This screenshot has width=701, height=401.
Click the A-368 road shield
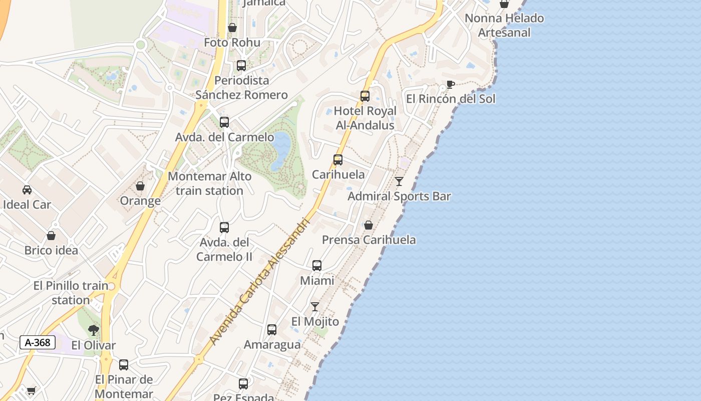pyautogui.click(x=38, y=342)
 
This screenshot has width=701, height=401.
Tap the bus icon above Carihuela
pyautogui.click(x=338, y=160)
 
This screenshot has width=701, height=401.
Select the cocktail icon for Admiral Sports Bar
pyautogui.click(x=399, y=181)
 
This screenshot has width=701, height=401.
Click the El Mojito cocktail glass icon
pyautogui.click(x=315, y=307)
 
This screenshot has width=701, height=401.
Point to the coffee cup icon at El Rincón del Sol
pyautogui.click(x=450, y=84)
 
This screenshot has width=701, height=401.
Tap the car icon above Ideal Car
pyautogui.click(x=27, y=190)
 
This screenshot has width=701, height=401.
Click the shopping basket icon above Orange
pyautogui.click(x=140, y=186)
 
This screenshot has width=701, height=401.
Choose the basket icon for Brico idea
pyautogui.click(x=51, y=236)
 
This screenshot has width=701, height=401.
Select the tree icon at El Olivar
pyautogui.click(x=93, y=330)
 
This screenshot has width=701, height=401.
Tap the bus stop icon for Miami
pyautogui.click(x=317, y=266)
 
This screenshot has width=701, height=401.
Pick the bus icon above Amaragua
pyautogui.click(x=272, y=330)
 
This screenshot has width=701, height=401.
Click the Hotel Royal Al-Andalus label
pyautogui.click(x=365, y=118)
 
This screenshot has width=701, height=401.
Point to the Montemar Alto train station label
pyautogui.click(x=209, y=183)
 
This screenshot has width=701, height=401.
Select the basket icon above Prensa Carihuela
pyautogui.click(x=369, y=225)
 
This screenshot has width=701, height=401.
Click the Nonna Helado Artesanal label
pyautogui.click(x=504, y=26)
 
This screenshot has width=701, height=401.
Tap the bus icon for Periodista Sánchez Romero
pyautogui.click(x=241, y=66)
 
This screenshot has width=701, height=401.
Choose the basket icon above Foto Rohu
pyautogui.click(x=232, y=28)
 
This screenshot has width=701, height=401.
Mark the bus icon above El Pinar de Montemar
pyautogui.click(x=124, y=365)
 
